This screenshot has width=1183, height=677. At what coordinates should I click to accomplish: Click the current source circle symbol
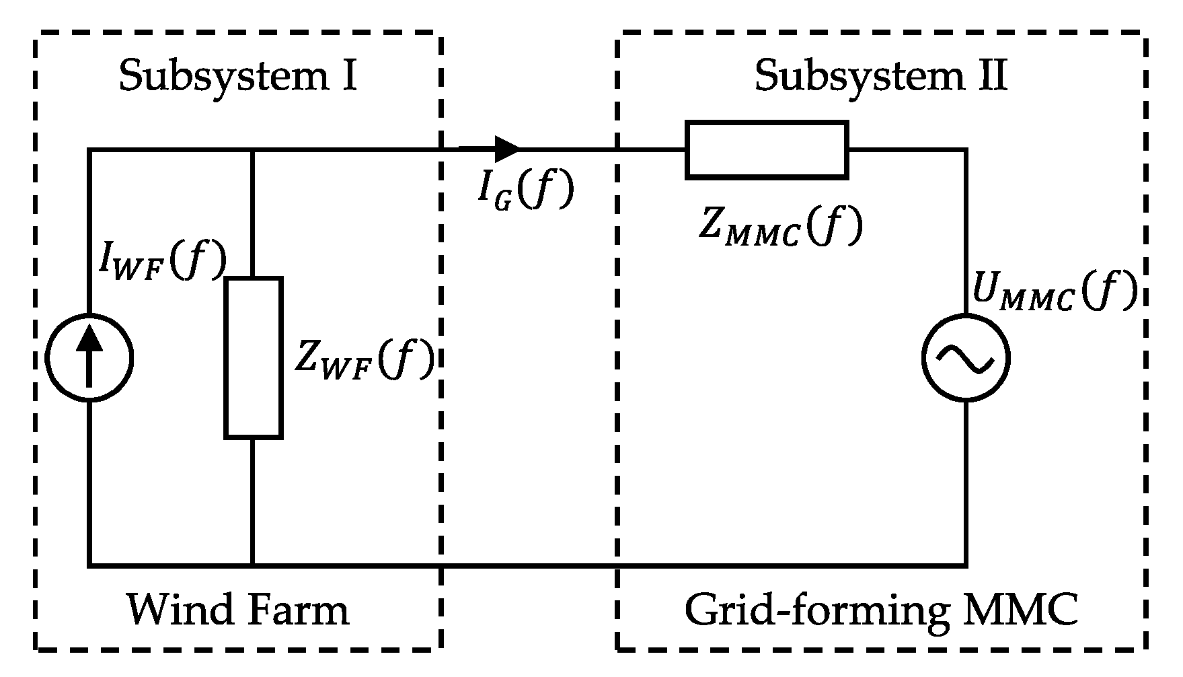tap(89, 358)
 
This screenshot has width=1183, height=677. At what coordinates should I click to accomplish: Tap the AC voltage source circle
tap(966, 358)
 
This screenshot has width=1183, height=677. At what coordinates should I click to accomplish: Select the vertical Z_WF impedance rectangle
tap(253, 358)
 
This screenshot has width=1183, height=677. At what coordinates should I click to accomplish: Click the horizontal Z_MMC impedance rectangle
tap(766, 150)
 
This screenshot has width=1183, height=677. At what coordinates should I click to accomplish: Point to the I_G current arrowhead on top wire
tap(508, 149)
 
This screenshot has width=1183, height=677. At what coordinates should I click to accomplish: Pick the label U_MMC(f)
tap(1055, 292)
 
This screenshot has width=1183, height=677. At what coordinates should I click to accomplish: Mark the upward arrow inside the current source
tap(89, 357)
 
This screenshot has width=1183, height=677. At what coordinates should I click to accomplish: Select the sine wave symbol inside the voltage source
tap(966, 359)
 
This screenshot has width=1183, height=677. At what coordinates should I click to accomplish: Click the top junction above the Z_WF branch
tap(253, 150)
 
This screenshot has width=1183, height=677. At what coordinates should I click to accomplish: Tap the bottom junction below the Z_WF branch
tap(253, 565)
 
